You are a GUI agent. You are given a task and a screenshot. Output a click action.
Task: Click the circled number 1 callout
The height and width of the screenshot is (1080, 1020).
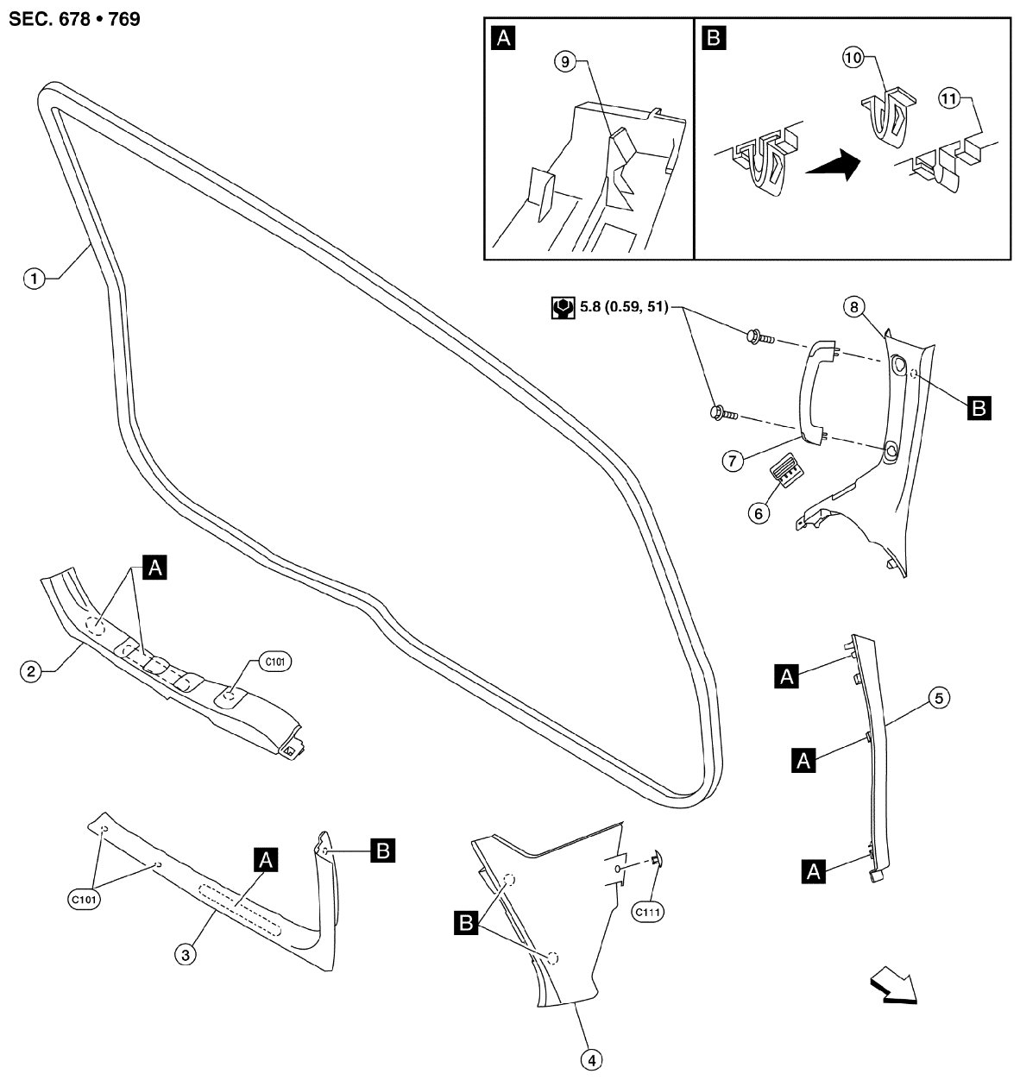34,278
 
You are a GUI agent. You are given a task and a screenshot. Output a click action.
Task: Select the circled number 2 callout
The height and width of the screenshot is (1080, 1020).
30,671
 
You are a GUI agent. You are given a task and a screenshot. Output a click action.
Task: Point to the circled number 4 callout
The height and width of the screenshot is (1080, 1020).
591,1060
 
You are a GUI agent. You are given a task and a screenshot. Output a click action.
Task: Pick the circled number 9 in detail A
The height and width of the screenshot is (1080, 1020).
564,62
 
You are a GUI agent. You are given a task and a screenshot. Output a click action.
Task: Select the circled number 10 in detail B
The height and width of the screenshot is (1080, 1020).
853,58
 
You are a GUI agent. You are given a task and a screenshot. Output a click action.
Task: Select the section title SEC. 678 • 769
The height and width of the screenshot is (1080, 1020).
74,18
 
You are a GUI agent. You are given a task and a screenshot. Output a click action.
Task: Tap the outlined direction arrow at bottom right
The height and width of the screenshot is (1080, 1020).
892,986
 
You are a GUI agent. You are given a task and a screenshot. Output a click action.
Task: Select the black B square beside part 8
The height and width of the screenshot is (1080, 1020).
979,407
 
